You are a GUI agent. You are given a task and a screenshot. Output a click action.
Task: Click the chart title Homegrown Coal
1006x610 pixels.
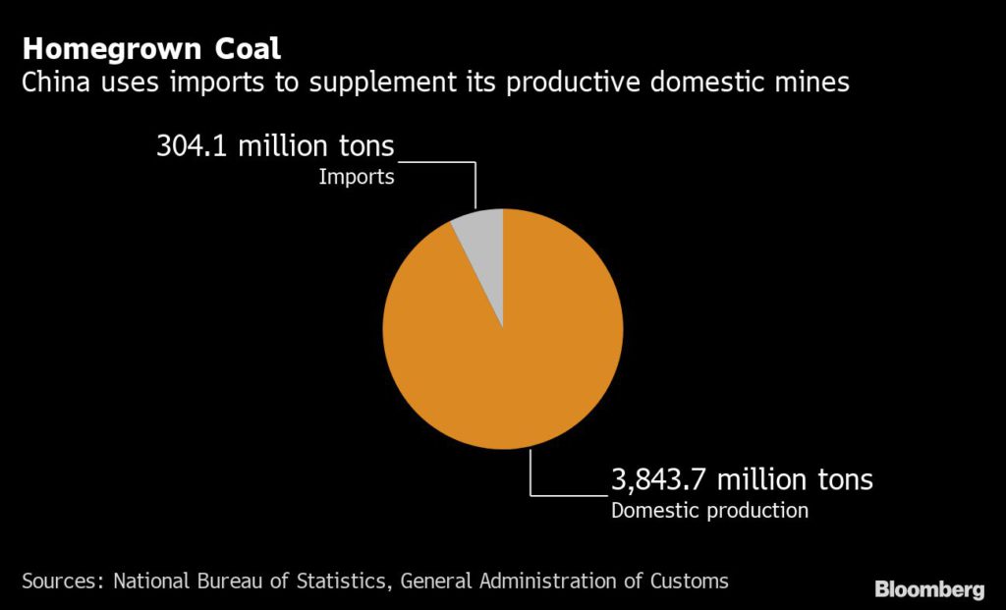click(x=151, y=50)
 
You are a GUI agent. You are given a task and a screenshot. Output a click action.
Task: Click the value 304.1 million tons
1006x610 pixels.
click(x=275, y=146)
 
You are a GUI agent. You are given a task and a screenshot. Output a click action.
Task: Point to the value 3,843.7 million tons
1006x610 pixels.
click(x=742, y=480)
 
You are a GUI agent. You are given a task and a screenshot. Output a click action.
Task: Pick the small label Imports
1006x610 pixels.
click(x=356, y=178)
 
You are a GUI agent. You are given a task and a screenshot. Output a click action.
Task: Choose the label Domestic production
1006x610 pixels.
click(x=709, y=511)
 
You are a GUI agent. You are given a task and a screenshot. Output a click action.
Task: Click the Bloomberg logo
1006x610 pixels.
click(x=928, y=589)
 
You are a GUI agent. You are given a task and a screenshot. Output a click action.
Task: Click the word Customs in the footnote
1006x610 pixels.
click(x=689, y=581)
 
